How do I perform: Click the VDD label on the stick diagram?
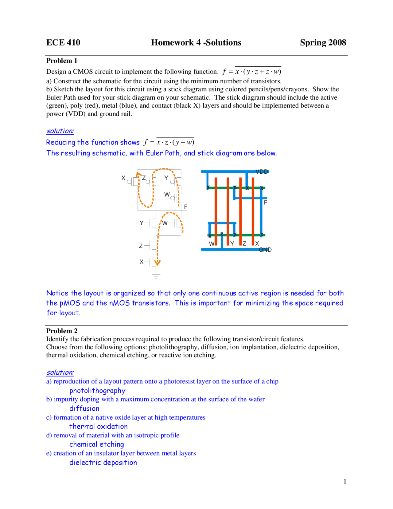point(262,172)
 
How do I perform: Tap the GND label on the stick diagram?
point(265,250)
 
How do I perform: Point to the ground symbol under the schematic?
point(156,275)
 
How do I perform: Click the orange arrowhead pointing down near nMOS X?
point(157,263)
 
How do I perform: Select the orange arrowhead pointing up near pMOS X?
point(138,175)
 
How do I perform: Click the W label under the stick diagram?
point(212,244)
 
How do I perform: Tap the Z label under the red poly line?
point(244,243)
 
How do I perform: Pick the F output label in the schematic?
point(185,207)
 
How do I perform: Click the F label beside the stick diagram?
point(265,202)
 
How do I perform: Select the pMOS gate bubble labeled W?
point(173,198)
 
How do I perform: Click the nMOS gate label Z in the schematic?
point(141,246)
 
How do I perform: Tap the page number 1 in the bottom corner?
point(345,482)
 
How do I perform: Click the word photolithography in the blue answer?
point(97,391)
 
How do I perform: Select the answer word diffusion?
point(84,408)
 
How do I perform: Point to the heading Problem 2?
point(62,331)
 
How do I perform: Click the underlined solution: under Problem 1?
point(60,131)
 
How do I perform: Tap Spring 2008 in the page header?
point(323,42)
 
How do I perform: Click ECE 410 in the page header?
point(63,42)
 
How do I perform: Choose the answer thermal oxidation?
point(98,426)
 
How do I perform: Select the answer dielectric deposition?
point(103,462)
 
